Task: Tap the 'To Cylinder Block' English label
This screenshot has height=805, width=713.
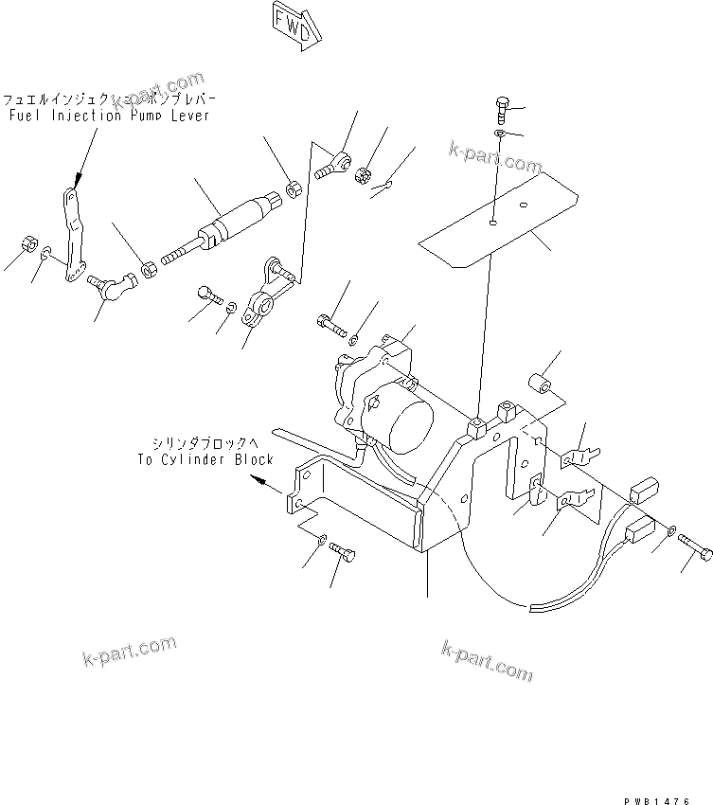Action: [x=205, y=460]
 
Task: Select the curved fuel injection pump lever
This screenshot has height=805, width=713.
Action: [x=72, y=237]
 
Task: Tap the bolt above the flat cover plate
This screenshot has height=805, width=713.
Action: [x=501, y=110]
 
